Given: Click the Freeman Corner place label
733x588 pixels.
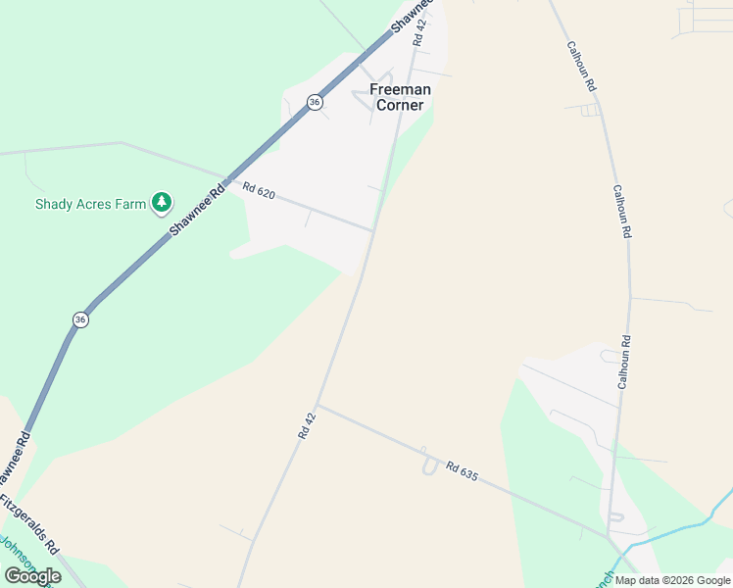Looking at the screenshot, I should (400, 97).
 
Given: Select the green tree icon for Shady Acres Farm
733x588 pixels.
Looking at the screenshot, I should (162, 203).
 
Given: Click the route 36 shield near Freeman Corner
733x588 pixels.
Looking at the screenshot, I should (315, 102).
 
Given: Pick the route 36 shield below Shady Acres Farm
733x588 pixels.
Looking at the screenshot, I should (80, 319).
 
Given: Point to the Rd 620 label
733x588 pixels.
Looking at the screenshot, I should (259, 192).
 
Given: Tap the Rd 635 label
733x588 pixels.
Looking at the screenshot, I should (461, 471).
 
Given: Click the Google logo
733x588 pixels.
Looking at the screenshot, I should (32, 576).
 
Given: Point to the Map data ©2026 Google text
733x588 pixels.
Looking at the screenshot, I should (671, 580).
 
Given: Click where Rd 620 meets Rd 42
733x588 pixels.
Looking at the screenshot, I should (372, 231).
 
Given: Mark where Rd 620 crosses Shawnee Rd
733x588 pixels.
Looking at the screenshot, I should (222, 179).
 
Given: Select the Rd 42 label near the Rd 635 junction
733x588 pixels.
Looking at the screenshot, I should (308, 423).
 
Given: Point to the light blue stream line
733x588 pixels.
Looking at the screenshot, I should (676, 530).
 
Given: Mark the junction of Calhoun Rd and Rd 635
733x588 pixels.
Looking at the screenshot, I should (610, 537).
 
